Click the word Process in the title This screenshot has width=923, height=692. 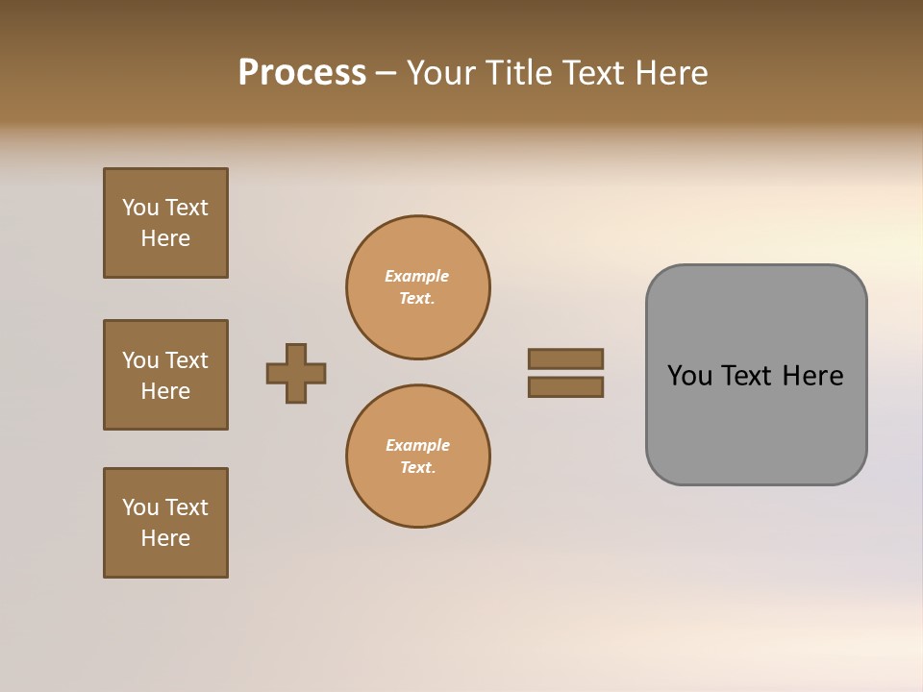[x=302, y=73]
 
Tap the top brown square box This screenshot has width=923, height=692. [x=165, y=223]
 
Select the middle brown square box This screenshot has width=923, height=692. [x=165, y=375]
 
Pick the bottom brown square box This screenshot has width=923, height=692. [x=165, y=523]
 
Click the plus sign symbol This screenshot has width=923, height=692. [x=296, y=373]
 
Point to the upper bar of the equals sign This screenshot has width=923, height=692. [x=565, y=358]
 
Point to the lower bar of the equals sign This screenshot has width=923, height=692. [x=565, y=387]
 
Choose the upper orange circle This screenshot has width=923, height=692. [x=418, y=287]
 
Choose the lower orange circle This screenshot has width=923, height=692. [x=418, y=457]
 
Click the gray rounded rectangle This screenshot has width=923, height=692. [x=756, y=375]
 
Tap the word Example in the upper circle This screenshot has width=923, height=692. [x=417, y=276]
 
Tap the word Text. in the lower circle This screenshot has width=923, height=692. [x=418, y=468]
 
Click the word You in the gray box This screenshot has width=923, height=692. [x=690, y=376]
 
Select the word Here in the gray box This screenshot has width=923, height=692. [x=812, y=376]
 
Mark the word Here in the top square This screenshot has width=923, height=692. [x=165, y=238]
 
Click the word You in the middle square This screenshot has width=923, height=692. [x=140, y=360]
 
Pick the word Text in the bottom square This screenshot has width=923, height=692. [x=187, y=507]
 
